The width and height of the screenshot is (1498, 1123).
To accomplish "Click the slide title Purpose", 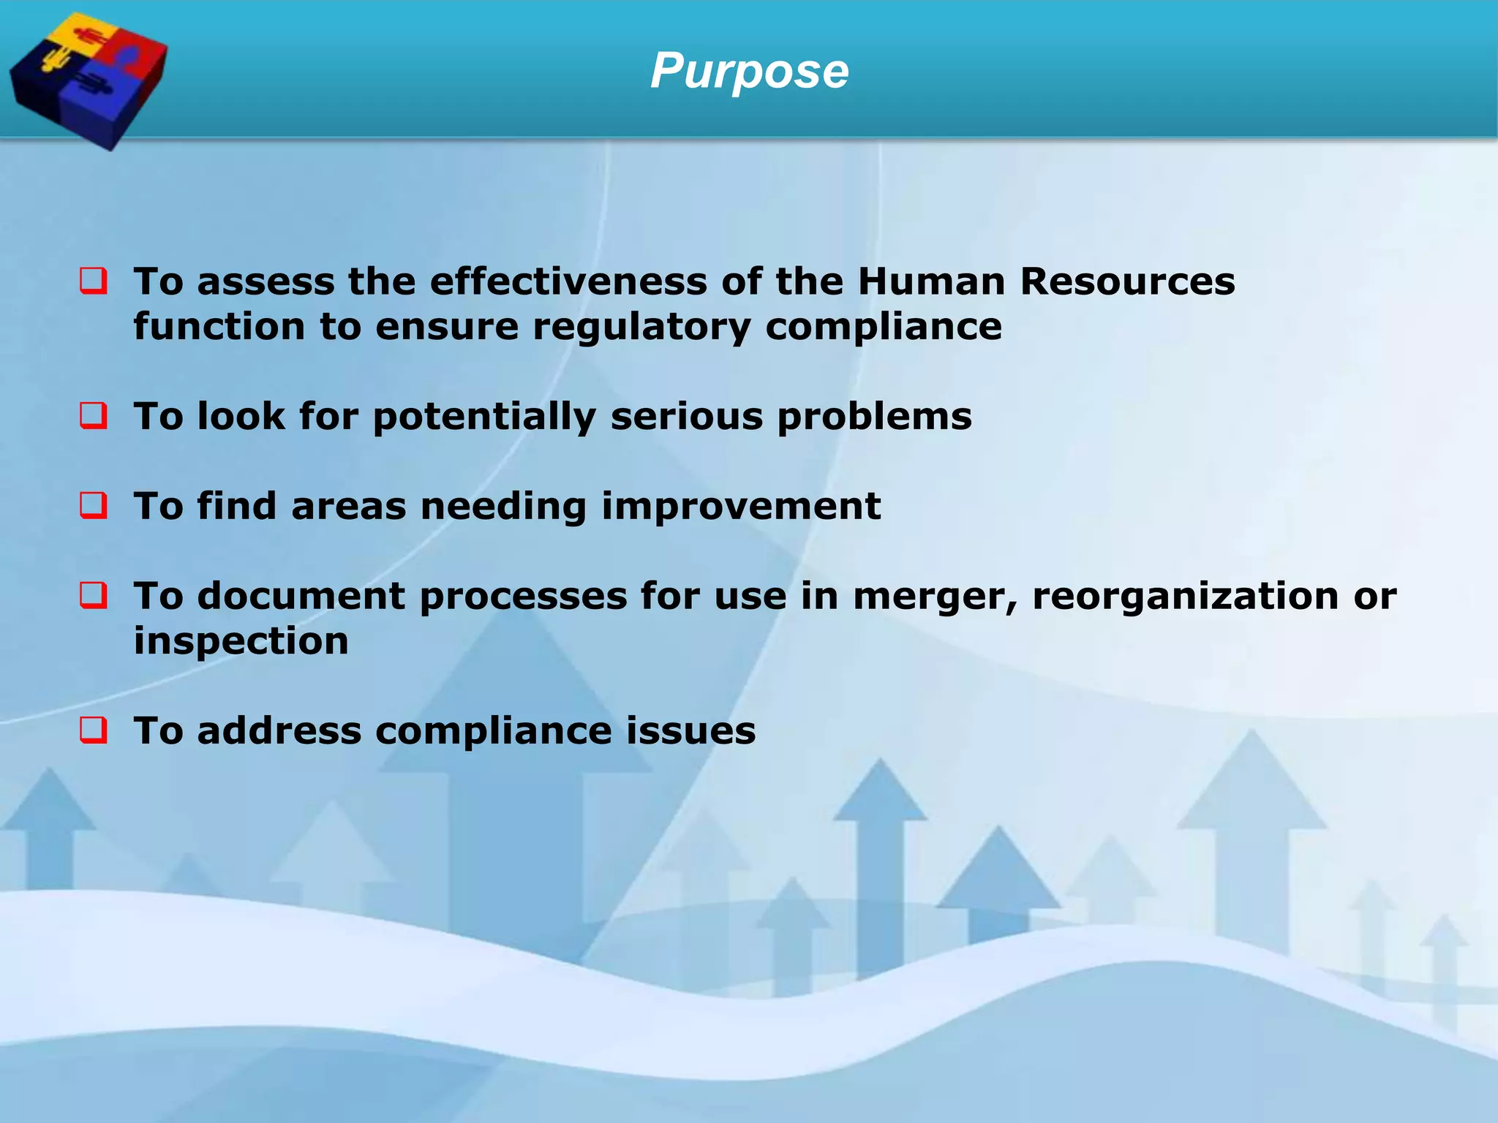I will point(749,72).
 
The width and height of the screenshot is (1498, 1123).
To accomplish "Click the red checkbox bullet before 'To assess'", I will point(94,281).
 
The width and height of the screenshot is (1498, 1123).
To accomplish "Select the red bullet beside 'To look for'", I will point(94,416).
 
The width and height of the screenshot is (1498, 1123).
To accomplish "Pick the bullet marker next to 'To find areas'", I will point(94,506).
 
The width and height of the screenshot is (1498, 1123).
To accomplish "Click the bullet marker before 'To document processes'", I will point(94,596).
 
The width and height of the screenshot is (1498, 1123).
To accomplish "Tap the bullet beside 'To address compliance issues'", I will point(94,730).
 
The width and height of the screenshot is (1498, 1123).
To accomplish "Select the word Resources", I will point(1127,281).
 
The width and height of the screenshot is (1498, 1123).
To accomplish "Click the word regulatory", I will point(641,327).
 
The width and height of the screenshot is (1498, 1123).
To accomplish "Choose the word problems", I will point(874,417).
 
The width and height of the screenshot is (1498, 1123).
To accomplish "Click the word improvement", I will point(740,507).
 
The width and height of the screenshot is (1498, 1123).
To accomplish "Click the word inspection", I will point(241,642).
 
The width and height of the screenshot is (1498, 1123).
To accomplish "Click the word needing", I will point(503,507).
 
